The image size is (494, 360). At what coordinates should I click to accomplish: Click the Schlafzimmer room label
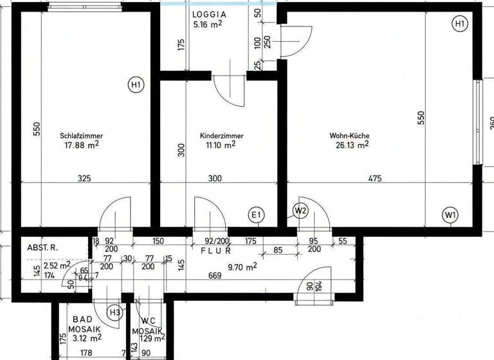pyautogui.click(x=82, y=136)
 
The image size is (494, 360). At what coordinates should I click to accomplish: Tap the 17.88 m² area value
pyautogui.click(x=82, y=145)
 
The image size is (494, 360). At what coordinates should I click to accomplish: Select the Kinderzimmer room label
pyautogui.click(x=221, y=136)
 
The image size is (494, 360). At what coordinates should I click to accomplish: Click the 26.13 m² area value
pyautogui.click(x=352, y=145)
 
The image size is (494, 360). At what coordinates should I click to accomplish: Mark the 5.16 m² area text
pyautogui.click(x=207, y=24)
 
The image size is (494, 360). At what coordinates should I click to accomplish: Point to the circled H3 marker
pyautogui.click(x=114, y=312)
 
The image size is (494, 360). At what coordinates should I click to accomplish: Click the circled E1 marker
pyautogui.click(x=257, y=215)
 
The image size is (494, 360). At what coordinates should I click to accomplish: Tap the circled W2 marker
pyautogui.click(x=300, y=210)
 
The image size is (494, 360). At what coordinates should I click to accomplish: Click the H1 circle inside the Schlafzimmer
pyautogui.click(x=136, y=84)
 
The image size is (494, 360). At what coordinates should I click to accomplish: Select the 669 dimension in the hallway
pyautogui.click(x=215, y=276)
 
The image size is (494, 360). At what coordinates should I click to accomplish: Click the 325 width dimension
pyautogui.click(x=84, y=179)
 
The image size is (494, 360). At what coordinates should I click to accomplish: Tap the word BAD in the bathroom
pyautogui.click(x=82, y=319)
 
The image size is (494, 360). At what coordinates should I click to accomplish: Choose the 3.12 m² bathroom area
pyautogui.click(x=87, y=337)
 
